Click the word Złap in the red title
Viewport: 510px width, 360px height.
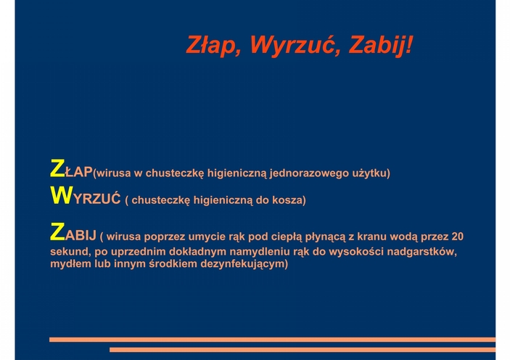pos(210,45)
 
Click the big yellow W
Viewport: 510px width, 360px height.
pos(61,195)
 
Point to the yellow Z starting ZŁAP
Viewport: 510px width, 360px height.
pos(57,168)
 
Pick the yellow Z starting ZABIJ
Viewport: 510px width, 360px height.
pos(57,232)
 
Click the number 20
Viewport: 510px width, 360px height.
pos(457,237)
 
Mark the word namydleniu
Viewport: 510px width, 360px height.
pos(260,252)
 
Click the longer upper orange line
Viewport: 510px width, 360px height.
pos(272,340)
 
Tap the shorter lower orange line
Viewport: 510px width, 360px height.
pos(303,350)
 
